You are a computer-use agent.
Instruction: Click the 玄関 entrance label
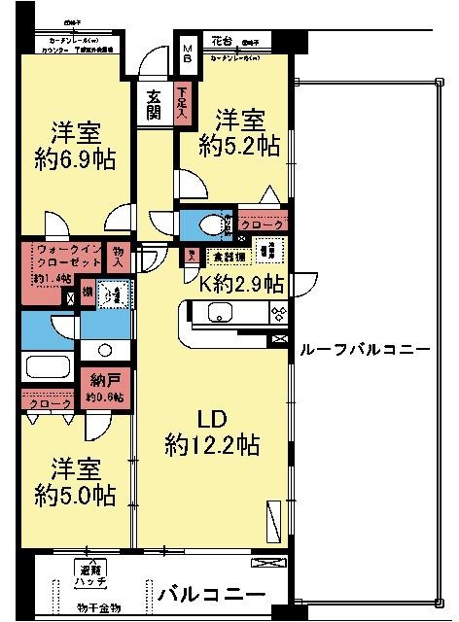tap(154, 103)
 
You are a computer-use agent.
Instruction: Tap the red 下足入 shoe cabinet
tap(182, 103)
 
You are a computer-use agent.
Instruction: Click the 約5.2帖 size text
tap(239, 146)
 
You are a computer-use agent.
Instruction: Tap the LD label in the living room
tap(212, 420)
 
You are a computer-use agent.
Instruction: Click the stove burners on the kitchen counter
tap(277, 314)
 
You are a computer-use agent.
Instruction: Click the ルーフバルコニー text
tap(364, 349)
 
